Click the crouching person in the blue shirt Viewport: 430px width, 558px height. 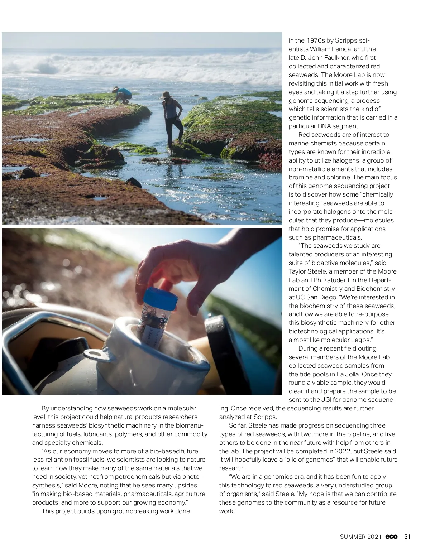pos(123,96)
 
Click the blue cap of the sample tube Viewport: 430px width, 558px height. pos(160,298)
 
